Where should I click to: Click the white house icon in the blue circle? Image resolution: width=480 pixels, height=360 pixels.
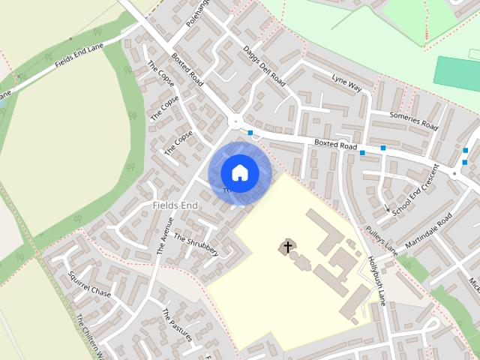[239, 173]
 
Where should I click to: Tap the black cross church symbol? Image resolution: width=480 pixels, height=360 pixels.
[287, 246]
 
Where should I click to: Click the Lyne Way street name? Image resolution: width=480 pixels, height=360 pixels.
[346, 83]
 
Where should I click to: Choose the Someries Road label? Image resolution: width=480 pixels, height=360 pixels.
[413, 120]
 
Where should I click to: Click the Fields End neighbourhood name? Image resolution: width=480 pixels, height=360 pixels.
[174, 205]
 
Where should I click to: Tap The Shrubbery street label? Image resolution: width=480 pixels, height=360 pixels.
[196, 244]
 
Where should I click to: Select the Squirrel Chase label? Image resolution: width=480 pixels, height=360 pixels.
[89, 283]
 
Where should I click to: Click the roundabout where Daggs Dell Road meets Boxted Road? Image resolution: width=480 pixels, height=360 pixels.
[236, 121]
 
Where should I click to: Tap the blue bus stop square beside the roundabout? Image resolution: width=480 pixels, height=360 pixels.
[250, 133]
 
